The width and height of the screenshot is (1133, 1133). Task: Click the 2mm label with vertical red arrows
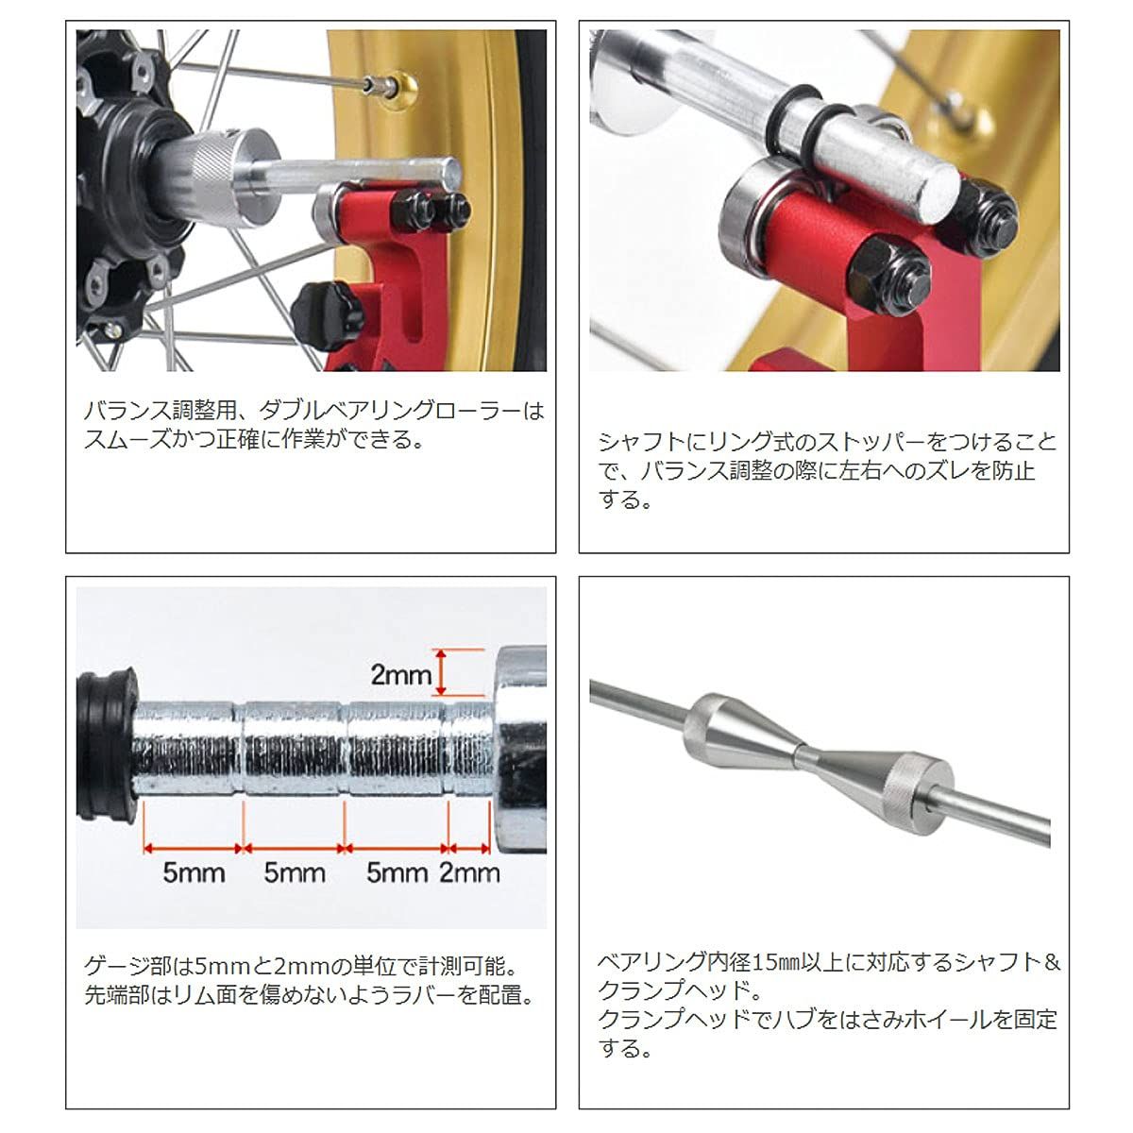pos(400,674)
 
